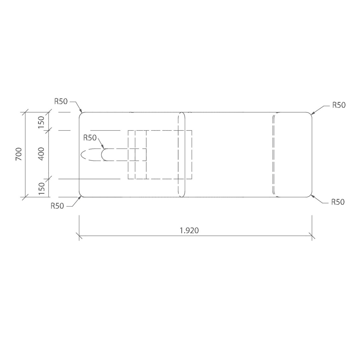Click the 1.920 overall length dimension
click(x=189, y=230)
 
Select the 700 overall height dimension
click(x=19, y=154)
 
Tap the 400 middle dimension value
click(x=41, y=154)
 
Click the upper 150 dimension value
click(x=41, y=122)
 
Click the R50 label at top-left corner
click(x=61, y=101)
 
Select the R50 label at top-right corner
click(x=339, y=105)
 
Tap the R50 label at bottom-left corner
click(x=57, y=206)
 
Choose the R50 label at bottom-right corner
click(x=338, y=202)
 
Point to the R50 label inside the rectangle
click(x=90, y=138)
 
